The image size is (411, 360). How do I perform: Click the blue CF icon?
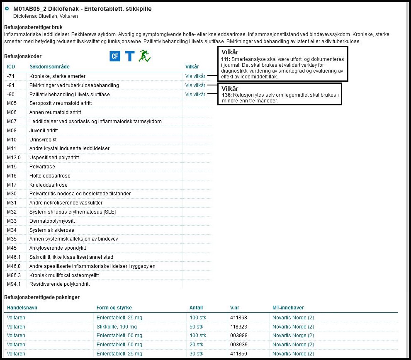114,56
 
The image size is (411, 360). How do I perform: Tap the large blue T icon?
129,56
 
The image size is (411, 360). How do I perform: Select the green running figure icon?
144,56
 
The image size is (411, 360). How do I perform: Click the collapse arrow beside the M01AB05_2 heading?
7,8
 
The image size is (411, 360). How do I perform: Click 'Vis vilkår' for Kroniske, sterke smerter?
195,76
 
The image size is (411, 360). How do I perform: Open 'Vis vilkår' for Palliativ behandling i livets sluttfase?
195,95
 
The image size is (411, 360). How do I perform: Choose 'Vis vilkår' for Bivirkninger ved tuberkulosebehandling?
195,85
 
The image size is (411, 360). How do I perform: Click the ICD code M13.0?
14,158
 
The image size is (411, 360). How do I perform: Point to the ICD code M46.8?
14,266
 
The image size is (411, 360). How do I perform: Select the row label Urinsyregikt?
43,139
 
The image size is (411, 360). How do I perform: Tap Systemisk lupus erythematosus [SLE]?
73,212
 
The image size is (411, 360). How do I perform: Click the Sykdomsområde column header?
49,67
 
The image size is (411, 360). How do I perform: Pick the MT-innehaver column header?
288,308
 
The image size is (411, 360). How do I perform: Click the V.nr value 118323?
238,327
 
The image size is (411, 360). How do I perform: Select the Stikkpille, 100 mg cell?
117,327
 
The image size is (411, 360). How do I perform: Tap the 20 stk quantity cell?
196,345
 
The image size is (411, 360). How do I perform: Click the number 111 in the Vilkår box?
226,60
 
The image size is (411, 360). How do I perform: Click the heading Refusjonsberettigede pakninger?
41,297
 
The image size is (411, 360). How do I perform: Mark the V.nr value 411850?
238,354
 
